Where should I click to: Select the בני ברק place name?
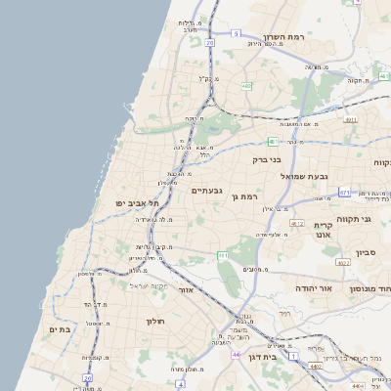(x=266, y=158)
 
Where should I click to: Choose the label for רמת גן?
(x=244, y=196)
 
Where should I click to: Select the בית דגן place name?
(x=285, y=358)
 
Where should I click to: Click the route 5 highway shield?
(x=236, y=33)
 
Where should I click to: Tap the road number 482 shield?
(x=248, y=87)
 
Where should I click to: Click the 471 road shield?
(x=344, y=193)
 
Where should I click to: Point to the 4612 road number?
(x=296, y=224)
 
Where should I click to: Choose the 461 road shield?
(x=223, y=256)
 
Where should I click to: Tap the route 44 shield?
(x=236, y=354)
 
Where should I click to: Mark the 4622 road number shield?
(x=342, y=262)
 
